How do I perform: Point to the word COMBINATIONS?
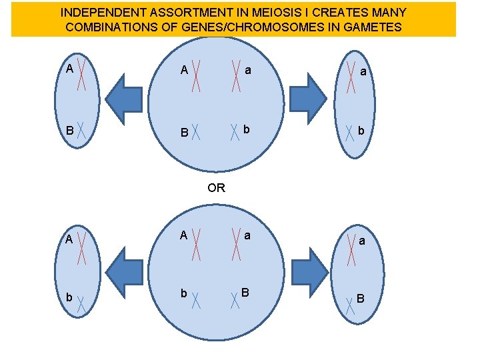(109, 27)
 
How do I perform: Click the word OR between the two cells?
(217, 188)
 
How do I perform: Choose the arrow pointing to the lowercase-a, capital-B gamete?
(307, 271)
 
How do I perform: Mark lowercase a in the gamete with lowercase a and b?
(363, 70)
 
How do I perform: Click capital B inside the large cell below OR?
(245, 292)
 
